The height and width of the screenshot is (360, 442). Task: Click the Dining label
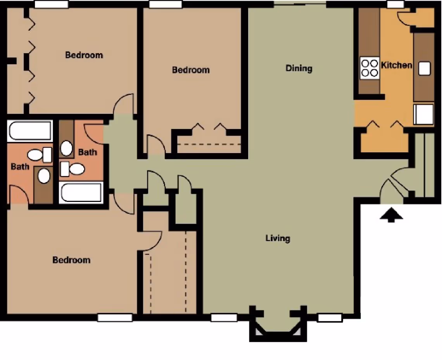pyautogui.click(x=299, y=69)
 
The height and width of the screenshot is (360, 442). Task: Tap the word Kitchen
pyautogui.click(x=396, y=65)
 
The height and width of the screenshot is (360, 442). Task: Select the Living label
pyautogui.click(x=278, y=238)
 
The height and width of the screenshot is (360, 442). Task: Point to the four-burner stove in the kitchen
pyautogui.click(x=369, y=68)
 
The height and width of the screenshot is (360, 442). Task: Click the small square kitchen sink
pyautogui.click(x=424, y=69)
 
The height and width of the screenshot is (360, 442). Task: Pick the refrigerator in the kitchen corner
pyautogui.click(x=423, y=115)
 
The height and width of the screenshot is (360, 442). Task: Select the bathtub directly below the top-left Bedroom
pyautogui.click(x=30, y=131)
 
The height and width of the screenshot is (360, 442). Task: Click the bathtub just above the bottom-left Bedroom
pyautogui.click(x=81, y=192)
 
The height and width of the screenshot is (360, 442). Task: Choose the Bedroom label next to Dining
pyautogui.click(x=191, y=70)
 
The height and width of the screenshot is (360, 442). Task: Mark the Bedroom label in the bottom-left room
pyautogui.click(x=71, y=260)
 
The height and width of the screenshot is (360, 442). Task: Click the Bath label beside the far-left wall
pyautogui.click(x=20, y=167)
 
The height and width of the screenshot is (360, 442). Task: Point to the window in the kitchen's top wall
pyautogui.click(x=395, y=4)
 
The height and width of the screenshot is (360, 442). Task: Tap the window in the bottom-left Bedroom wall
pyautogui.click(x=115, y=317)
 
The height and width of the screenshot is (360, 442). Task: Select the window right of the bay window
pyautogui.click(x=330, y=318)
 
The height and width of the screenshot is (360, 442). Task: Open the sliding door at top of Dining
pyautogui.click(x=300, y=4)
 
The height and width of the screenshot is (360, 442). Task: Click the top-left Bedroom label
pyautogui.click(x=84, y=55)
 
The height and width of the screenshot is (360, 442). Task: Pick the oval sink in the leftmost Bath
pyautogui.click(x=44, y=176)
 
